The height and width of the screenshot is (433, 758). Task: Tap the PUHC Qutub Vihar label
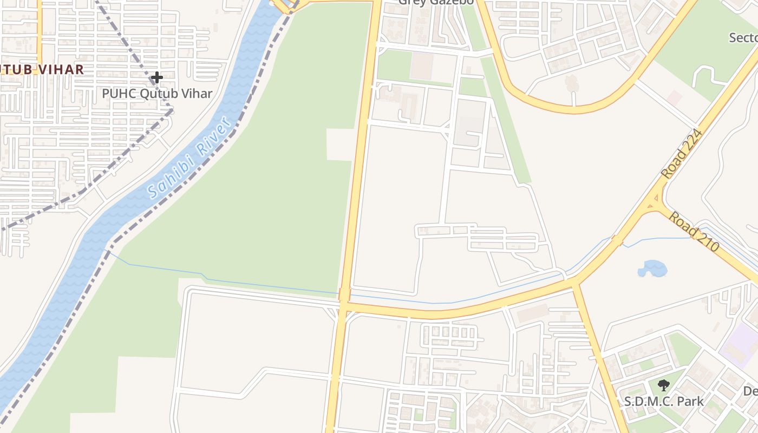point(157,94)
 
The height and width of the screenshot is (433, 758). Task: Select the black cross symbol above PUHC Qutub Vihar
point(157,78)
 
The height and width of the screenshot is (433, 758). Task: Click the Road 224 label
point(682,154)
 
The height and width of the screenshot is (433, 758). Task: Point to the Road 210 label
point(694,232)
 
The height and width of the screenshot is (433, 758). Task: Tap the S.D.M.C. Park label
point(664,402)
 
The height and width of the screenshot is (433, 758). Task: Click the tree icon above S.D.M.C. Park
point(664,385)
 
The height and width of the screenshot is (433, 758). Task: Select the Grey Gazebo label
point(436,2)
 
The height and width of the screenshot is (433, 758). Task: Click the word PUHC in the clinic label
point(119,94)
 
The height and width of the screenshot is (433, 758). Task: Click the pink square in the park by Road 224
point(674,98)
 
